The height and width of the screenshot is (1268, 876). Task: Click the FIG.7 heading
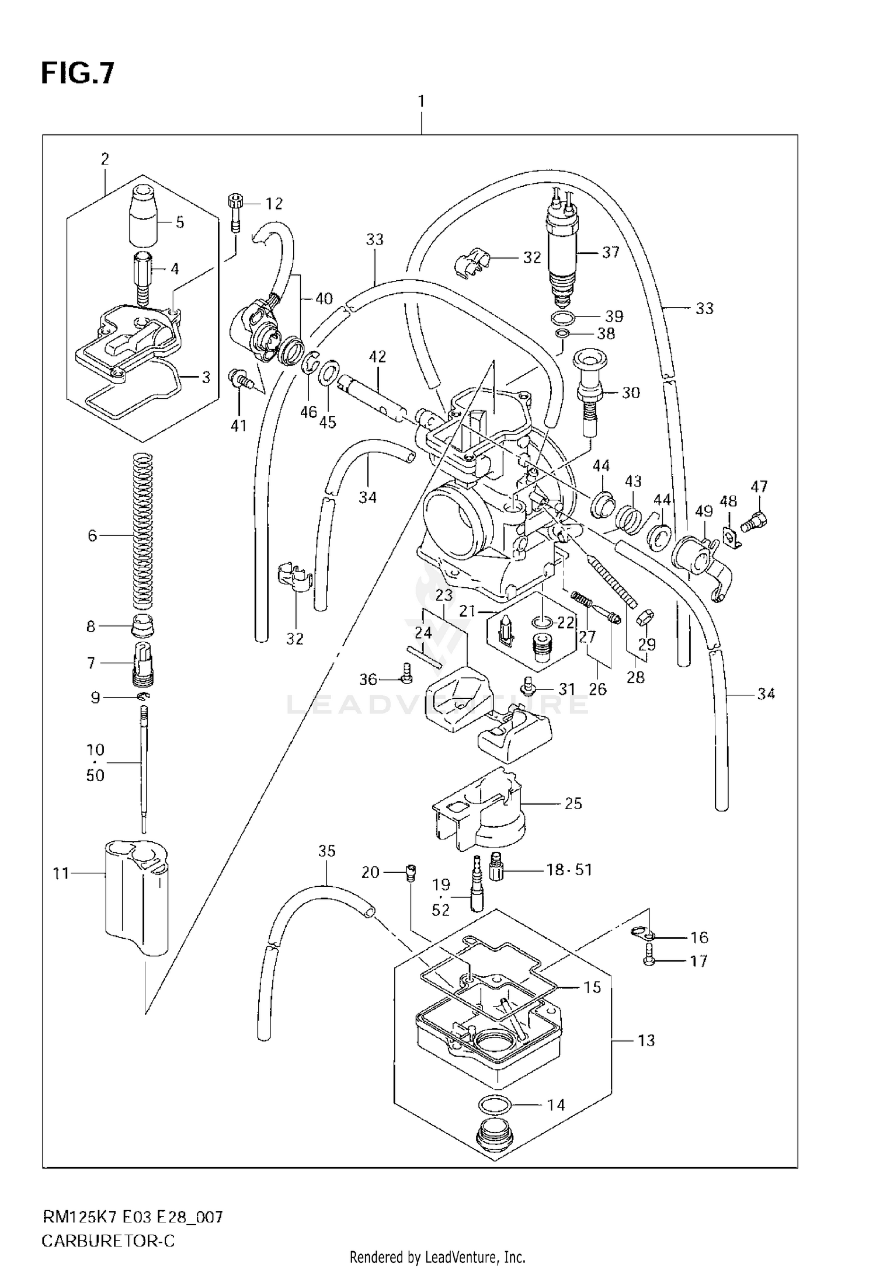point(78,74)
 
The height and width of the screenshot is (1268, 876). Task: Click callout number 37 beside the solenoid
point(610,252)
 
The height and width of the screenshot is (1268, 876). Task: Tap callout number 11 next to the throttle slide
point(61,873)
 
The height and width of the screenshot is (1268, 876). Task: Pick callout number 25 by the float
point(573,803)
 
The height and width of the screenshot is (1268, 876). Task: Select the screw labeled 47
point(757,518)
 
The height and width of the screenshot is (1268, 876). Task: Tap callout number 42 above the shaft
point(378,356)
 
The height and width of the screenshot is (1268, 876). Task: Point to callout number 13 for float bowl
point(646,1040)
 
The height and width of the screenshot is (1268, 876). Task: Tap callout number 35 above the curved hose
point(327,851)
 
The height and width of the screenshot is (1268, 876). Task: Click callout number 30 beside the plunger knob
point(630,392)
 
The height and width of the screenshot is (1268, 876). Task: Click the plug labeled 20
point(409,873)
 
